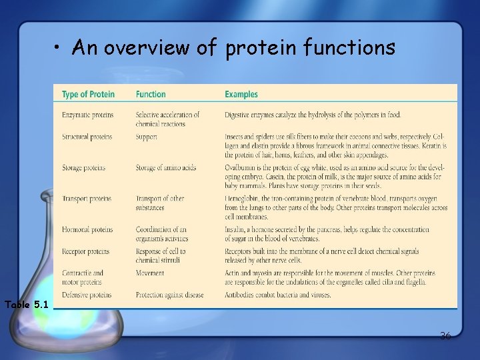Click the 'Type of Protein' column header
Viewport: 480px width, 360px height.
click(x=88, y=95)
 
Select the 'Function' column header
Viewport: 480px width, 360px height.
click(x=151, y=95)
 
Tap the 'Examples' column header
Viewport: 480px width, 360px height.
click(x=241, y=95)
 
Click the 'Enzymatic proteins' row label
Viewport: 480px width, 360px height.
click(x=87, y=115)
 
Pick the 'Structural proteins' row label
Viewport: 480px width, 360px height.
click(x=87, y=137)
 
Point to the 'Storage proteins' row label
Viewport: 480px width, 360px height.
click(x=83, y=167)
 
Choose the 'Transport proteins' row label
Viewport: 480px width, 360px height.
click(x=87, y=199)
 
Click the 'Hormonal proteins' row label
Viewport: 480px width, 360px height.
click(x=86, y=229)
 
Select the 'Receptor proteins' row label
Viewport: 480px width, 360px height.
click(x=85, y=251)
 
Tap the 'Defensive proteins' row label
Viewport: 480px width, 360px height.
click(x=87, y=295)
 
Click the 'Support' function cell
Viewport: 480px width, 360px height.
click(x=147, y=137)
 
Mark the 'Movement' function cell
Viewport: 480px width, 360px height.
click(x=150, y=273)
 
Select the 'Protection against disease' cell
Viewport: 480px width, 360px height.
click(x=169, y=295)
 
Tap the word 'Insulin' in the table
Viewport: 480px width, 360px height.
click(x=235, y=229)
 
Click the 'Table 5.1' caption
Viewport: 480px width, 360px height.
click(x=27, y=305)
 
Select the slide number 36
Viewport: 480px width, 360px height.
click(x=445, y=335)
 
